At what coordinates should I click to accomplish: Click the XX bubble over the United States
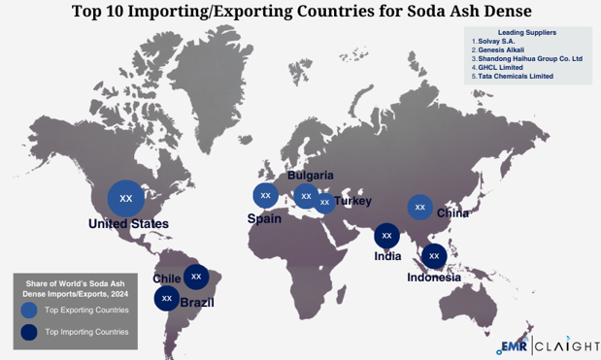[x=125, y=198]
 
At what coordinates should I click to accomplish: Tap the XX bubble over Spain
[x=265, y=195]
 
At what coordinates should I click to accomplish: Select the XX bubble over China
[x=419, y=207]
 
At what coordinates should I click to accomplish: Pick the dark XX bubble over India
[x=386, y=235]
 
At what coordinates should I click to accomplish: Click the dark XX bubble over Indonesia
[x=434, y=256]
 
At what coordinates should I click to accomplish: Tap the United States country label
[x=128, y=224]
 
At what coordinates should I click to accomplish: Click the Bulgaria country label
[x=310, y=176]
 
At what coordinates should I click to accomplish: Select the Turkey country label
[x=352, y=201]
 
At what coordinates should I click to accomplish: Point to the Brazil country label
[x=197, y=303]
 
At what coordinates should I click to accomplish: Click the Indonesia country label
[x=433, y=277]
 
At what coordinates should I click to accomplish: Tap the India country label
[x=388, y=256]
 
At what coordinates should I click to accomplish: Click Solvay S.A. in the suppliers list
[x=504, y=41]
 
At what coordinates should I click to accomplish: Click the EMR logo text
[x=513, y=345]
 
